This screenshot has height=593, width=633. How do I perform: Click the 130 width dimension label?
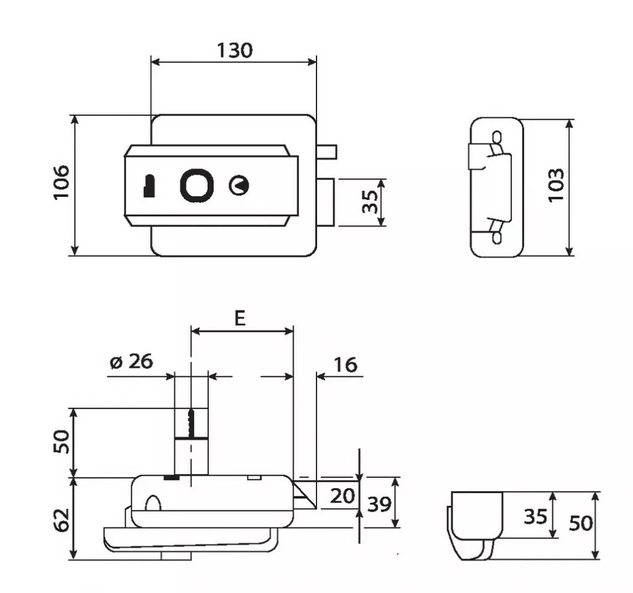(x=234, y=50)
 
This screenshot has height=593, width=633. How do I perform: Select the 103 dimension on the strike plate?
(x=555, y=184)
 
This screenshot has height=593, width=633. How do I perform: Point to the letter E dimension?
(x=240, y=318)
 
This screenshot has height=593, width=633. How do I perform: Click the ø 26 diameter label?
(x=131, y=361)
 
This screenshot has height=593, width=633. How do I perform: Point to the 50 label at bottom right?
(x=580, y=524)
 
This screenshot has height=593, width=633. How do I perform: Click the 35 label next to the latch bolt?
(x=370, y=202)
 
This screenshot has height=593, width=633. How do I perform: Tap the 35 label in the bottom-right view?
(x=535, y=516)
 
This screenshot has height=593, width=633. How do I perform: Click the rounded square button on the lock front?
(x=197, y=184)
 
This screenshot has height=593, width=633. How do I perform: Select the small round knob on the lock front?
(x=239, y=185)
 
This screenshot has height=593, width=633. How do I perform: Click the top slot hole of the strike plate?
(x=496, y=136)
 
